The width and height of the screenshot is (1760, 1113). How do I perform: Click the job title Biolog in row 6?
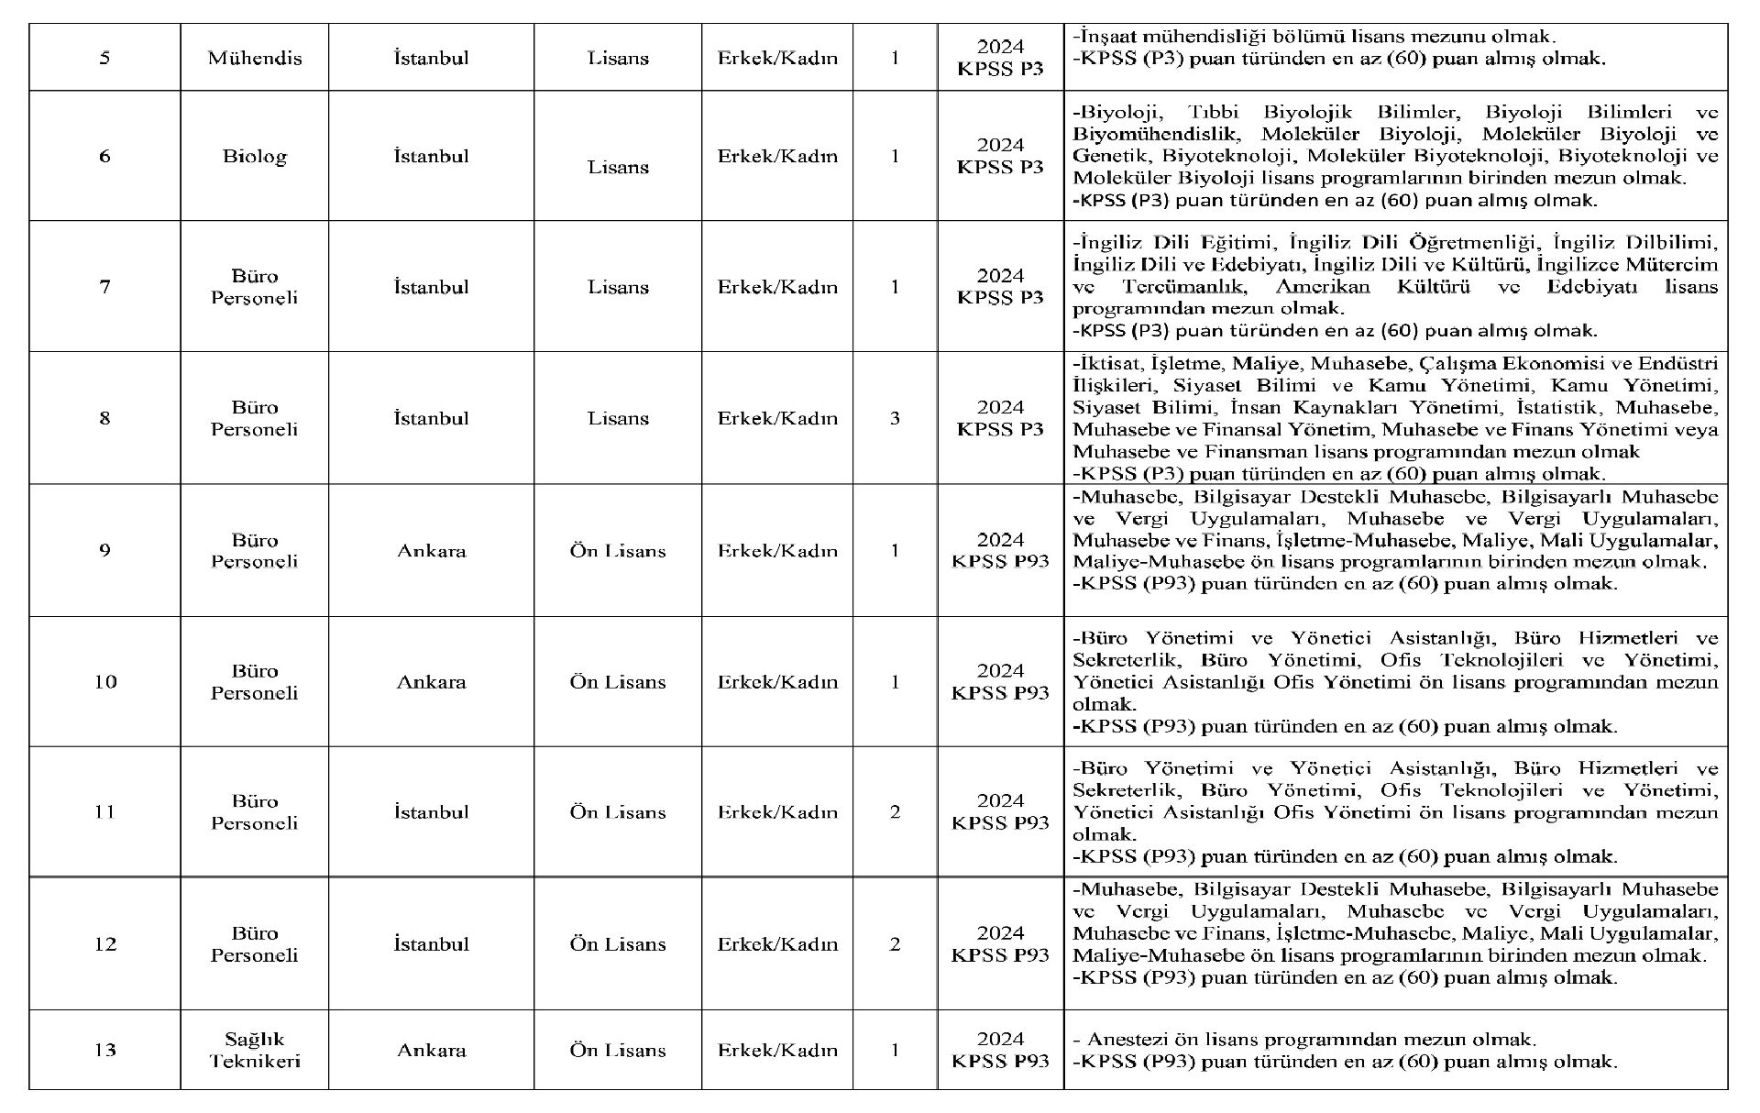[x=254, y=156]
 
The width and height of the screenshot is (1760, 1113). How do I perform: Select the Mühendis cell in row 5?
[x=254, y=58]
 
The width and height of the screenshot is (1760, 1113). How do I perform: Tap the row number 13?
[x=104, y=1050]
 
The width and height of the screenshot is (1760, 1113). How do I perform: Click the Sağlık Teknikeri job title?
[x=254, y=1050]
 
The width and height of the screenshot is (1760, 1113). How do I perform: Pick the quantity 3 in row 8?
[x=895, y=418]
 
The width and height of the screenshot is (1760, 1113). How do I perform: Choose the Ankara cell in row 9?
[x=431, y=551]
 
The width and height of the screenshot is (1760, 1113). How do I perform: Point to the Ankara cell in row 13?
[x=431, y=1050]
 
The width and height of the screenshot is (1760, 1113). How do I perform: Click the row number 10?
[x=104, y=682]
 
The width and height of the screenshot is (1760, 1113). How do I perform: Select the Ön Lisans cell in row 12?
[x=617, y=944]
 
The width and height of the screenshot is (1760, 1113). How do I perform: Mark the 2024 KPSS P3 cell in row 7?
[x=1000, y=287]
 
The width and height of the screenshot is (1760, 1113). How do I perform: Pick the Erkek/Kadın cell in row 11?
[x=777, y=812]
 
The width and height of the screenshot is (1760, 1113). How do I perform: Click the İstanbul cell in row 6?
[x=431, y=156]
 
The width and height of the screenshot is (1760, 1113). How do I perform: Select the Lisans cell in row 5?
[x=617, y=58]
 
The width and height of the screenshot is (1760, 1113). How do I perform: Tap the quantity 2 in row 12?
[x=895, y=944]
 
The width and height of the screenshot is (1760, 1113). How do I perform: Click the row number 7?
[x=104, y=287]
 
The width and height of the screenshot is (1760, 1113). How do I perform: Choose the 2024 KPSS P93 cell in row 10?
[x=1000, y=682]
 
